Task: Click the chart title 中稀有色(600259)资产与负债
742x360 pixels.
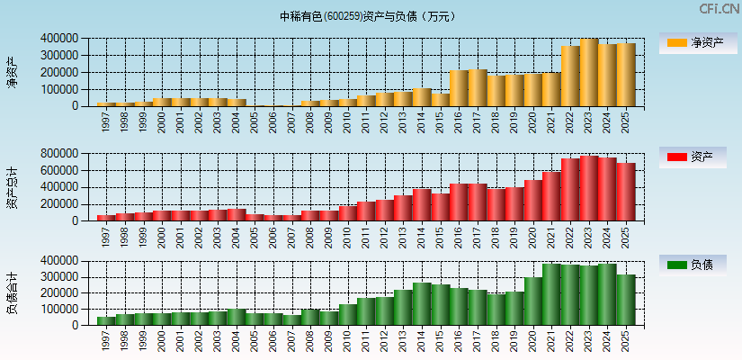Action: point(368,16)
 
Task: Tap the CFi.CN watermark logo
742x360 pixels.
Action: point(719,9)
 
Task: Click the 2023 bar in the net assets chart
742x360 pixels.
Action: point(589,73)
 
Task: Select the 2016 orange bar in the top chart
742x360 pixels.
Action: point(459,88)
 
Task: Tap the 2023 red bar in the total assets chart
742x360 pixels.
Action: point(589,188)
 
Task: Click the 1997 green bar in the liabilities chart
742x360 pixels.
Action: point(106,320)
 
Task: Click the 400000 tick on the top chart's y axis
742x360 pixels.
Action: point(58,39)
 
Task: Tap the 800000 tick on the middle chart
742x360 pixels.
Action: point(58,154)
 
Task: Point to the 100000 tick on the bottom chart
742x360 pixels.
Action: point(58,309)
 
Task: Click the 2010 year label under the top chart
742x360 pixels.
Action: point(348,121)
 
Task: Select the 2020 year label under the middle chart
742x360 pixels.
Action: point(533,235)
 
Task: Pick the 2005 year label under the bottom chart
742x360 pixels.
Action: point(255,340)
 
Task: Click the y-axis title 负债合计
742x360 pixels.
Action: point(12,292)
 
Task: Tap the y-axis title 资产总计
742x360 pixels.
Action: point(12,187)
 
